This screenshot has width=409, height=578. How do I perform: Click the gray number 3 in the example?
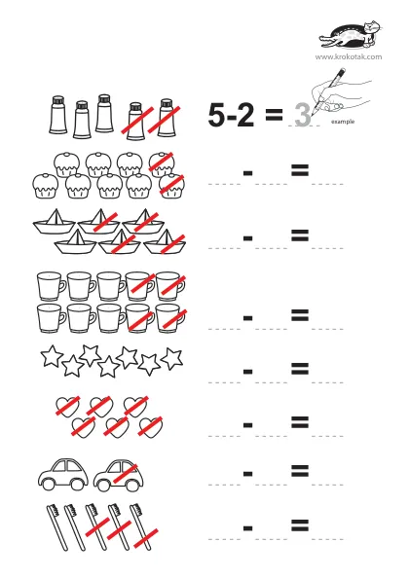coord(303,114)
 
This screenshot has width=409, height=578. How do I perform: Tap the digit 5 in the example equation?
coord(216,115)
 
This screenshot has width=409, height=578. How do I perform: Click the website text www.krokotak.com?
coord(349,56)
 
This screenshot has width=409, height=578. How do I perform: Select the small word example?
coord(343,122)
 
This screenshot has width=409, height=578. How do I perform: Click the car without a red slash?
coord(63,475)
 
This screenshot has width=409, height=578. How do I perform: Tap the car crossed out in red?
coord(118,476)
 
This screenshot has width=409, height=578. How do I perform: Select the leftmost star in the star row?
coord(52,356)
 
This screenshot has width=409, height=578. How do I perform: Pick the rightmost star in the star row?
coord(172,358)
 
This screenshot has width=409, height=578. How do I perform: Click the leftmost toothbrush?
coord(57,527)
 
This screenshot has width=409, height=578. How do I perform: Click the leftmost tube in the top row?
coord(58,115)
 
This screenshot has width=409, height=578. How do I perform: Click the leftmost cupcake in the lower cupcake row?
coord(45,186)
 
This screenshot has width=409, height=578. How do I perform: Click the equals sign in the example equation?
coord(274,114)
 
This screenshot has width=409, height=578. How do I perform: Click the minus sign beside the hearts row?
coord(247,425)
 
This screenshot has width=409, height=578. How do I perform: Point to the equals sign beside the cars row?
coord(300,471)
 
